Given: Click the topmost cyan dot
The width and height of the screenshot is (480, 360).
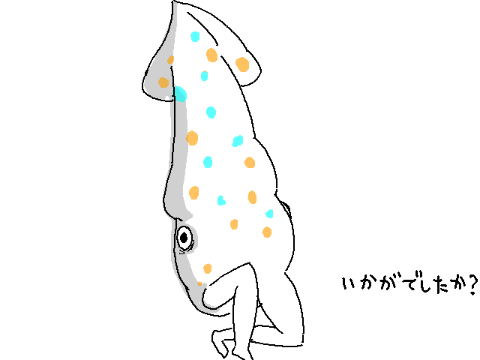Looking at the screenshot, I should coord(195,37).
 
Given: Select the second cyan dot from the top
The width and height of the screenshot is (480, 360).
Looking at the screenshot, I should coord(204,76).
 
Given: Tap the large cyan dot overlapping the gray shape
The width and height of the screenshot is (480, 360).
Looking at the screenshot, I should coord(180,94).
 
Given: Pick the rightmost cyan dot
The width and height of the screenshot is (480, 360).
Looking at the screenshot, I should coord(269,214).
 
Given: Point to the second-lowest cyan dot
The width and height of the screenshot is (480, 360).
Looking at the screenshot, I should coord(220,200).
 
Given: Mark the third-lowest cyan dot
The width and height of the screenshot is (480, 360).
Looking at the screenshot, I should coord(208,162).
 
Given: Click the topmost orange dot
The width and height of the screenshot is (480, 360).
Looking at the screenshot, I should coord(211,55).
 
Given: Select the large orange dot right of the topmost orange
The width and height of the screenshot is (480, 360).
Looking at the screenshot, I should coord(242,64).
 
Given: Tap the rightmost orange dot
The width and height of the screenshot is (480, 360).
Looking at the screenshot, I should coord(267,232).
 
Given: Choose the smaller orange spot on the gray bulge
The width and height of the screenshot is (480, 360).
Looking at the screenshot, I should coord(171,60).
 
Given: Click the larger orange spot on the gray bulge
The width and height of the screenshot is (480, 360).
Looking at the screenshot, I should coord(163,82).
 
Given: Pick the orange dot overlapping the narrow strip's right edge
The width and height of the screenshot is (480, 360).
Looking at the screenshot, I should coord(192,138).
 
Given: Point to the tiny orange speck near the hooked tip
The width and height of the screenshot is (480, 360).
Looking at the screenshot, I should coord(200,284).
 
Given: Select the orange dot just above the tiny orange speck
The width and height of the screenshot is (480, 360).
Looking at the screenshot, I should coord(207,268).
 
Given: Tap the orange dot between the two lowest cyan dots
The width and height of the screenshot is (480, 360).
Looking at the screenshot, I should coord(252,197).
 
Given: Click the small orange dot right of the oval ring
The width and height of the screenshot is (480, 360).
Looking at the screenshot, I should coord(234,224).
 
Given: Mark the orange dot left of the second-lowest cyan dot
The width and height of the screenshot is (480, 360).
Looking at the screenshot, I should coord(194,193).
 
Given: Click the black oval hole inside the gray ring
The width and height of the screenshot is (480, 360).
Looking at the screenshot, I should coord(184,238).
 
